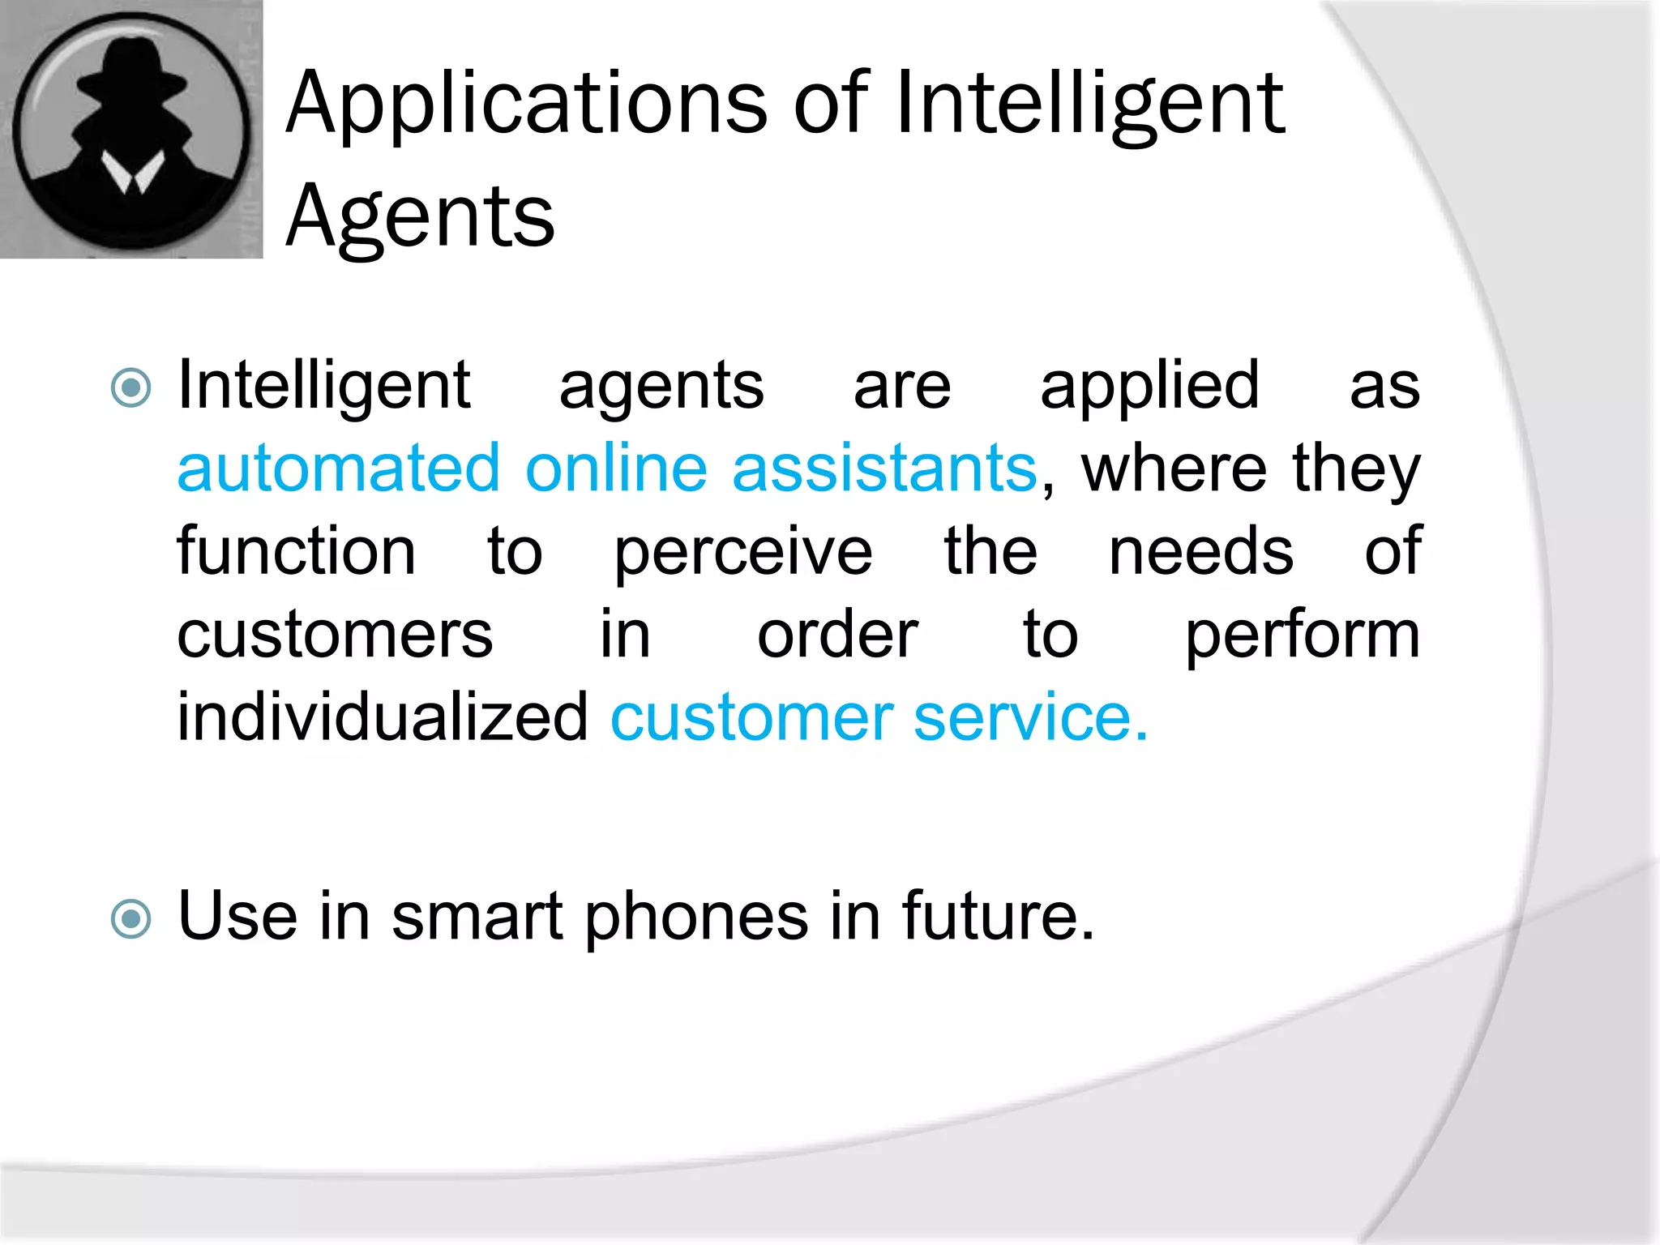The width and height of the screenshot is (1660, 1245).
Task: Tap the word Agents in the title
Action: pyautogui.click(x=420, y=217)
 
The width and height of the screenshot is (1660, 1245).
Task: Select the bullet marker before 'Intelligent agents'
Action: pyautogui.click(x=130, y=387)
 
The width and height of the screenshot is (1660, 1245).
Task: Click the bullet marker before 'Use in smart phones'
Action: pyautogui.click(x=130, y=919)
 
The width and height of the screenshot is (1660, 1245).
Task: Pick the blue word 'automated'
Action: pyautogui.click(x=338, y=468)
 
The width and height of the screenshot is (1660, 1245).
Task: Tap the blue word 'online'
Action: pyautogui.click(x=616, y=468)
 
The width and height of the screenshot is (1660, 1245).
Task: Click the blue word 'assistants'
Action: pyautogui.click(x=884, y=468)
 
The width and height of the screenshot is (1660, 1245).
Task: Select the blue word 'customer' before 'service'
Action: pyautogui.click(x=751, y=718)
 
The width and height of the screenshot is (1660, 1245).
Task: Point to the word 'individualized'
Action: pyautogui.click(x=382, y=718)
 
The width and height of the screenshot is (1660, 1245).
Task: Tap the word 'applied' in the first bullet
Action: pyautogui.click(x=1149, y=386)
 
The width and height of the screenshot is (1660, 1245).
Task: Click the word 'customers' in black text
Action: pyautogui.click(x=335, y=635)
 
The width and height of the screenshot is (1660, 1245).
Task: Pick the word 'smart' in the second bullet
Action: pyautogui.click(x=477, y=916)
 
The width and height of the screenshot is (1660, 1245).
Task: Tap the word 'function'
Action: pyautogui.click(x=297, y=551)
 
